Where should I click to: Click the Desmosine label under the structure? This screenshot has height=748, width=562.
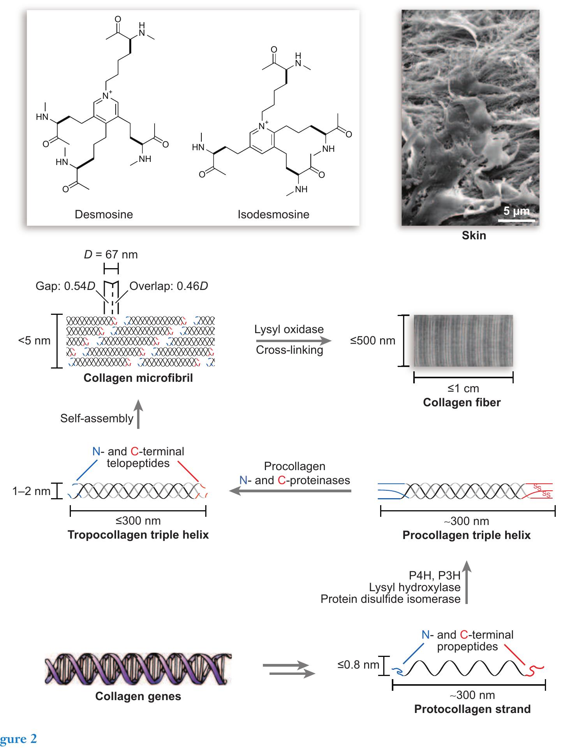[x=104, y=214]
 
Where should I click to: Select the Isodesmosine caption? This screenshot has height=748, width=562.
[x=273, y=214]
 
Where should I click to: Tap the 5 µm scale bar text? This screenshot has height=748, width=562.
[x=516, y=211]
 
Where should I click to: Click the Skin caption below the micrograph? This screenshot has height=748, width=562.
[x=474, y=235]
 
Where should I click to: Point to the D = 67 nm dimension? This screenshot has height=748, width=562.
[x=111, y=255]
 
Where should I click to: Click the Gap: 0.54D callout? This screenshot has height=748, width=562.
[x=65, y=286]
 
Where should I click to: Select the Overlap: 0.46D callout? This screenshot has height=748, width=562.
[x=169, y=286]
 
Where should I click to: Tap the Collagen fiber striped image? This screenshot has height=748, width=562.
[x=463, y=341]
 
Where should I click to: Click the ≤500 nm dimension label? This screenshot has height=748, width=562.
[x=372, y=341]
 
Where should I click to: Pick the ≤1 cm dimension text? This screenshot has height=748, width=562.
[x=463, y=388]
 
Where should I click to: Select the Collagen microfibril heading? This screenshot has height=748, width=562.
[x=138, y=378]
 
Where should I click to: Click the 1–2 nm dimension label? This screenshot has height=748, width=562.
[x=31, y=491]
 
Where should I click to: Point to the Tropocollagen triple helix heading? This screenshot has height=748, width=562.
[x=138, y=535]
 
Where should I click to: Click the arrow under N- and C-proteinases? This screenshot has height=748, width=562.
[x=290, y=491]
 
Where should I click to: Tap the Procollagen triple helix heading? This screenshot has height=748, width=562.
[x=466, y=535]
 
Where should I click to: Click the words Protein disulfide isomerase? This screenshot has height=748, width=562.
[x=390, y=599]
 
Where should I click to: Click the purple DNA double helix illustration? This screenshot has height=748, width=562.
[x=138, y=669]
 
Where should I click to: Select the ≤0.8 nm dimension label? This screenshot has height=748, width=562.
[x=358, y=665]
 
